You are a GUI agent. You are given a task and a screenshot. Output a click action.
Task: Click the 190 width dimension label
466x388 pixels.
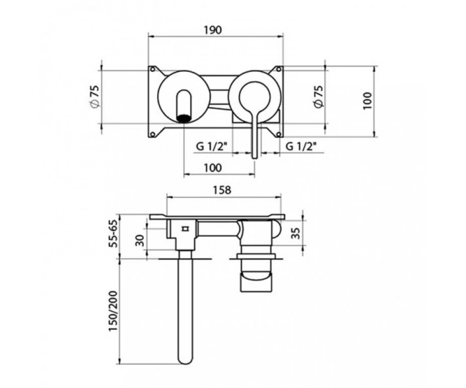(213, 30)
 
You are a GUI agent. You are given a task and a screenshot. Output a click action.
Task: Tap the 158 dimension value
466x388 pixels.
(222, 190)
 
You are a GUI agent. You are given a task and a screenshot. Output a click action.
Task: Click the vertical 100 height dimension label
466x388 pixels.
(368, 100)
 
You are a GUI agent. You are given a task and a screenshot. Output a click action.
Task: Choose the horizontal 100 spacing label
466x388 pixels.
(213, 168)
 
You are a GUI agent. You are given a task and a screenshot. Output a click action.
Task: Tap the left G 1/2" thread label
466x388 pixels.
(212, 147)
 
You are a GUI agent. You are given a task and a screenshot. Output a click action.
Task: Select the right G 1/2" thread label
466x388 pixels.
(301, 147)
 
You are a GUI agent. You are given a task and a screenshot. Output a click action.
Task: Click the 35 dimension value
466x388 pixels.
(296, 233)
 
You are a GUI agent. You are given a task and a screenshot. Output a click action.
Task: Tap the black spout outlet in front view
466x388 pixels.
(184, 118)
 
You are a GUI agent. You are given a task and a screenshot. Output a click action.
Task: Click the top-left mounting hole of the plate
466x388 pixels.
(153, 69)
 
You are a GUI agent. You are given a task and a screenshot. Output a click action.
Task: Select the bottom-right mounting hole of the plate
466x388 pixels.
(278, 134)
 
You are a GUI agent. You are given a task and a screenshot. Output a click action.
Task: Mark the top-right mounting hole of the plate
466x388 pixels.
(278, 69)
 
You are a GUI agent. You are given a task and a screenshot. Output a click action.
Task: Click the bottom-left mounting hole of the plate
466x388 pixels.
(153, 134)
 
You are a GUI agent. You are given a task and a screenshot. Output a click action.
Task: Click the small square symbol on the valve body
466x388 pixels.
(185, 229)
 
